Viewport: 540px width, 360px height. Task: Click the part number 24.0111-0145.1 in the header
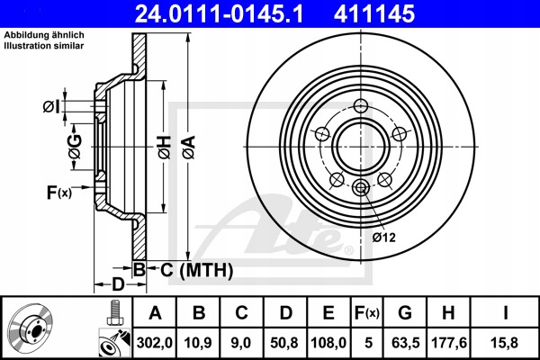pos(219,13)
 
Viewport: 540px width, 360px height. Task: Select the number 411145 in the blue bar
pos(374,13)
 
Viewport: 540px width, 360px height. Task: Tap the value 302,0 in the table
pos(154,343)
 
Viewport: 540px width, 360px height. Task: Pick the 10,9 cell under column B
pos(198,343)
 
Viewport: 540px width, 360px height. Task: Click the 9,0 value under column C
pos(241,343)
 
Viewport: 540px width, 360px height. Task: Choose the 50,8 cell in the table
pos(284,343)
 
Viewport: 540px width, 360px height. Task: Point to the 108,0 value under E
pos(328,343)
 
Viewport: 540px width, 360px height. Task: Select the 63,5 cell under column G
pos(406,343)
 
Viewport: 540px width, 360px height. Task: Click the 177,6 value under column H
pos(449,343)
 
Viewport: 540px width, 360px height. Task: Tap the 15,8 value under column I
pos(504,343)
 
